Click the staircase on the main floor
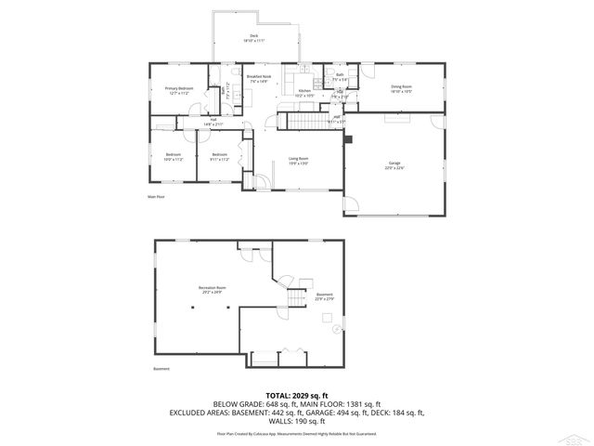[x=303, y=123]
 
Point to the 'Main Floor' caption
[x=155, y=197]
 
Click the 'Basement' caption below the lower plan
[x=161, y=368]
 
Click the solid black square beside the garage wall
[x=349, y=141]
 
